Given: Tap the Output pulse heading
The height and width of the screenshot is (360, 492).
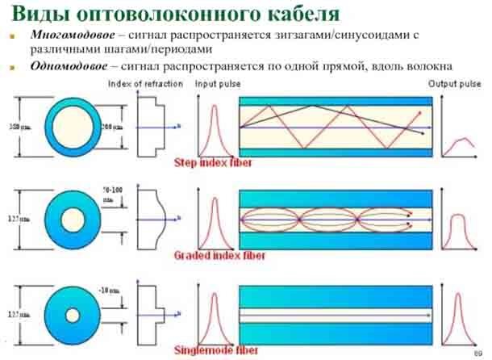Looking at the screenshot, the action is point(454,84).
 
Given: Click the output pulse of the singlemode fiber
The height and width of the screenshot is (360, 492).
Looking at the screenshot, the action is point(457,311).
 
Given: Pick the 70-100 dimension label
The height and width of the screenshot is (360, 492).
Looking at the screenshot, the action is point(112,191).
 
